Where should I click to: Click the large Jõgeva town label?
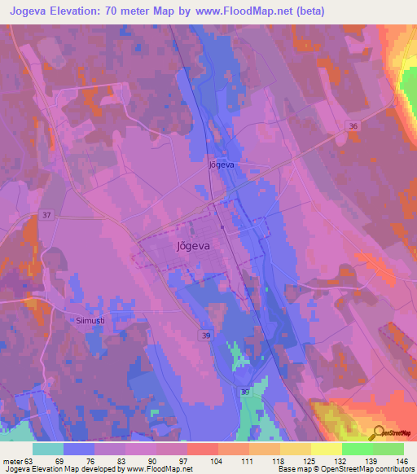pos(193,244)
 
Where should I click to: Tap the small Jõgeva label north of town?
pos(222,165)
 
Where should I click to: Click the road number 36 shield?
pos(352,125)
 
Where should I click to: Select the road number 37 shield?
pos(46,214)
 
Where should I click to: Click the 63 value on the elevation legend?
pos(29,460)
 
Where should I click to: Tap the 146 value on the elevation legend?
pos(402,460)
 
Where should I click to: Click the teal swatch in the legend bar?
pos(48,449)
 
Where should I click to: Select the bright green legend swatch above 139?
pos(357,449)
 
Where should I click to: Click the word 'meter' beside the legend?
pos(11,460)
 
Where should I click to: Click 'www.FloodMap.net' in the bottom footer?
pos(158,469)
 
